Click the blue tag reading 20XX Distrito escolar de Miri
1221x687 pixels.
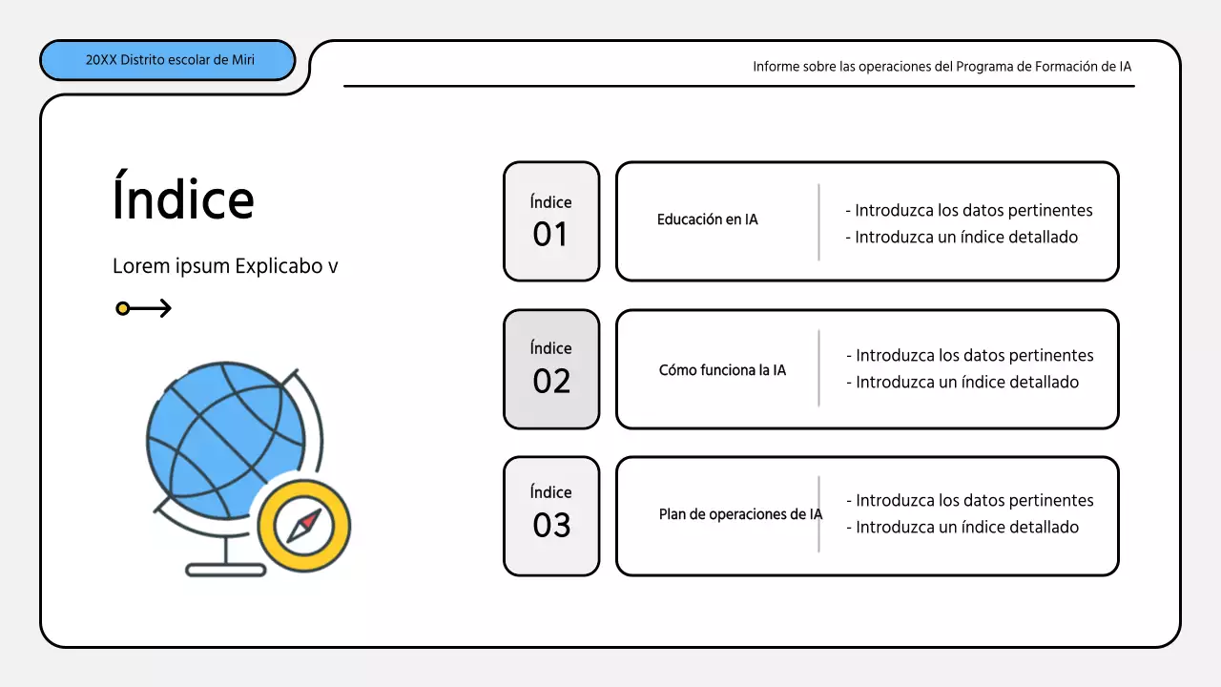pos(168,60)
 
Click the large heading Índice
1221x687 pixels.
pos(183,198)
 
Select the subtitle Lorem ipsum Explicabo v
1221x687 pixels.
pos(225,266)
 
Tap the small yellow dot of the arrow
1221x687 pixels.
pos(122,308)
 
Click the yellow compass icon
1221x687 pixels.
pos(304,526)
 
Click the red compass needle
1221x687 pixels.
pos(309,521)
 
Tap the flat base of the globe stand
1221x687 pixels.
pos(225,570)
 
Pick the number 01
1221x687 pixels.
pos(550,235)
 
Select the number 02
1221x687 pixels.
pos(551,382)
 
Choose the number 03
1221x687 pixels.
pos(551,526)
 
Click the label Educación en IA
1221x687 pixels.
pos(707,219)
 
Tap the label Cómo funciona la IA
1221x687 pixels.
pos(722,370)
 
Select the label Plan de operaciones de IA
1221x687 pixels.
pos(740,514)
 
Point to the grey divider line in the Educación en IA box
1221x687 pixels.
pos(818,222)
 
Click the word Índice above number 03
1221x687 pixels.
pos(551,492)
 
